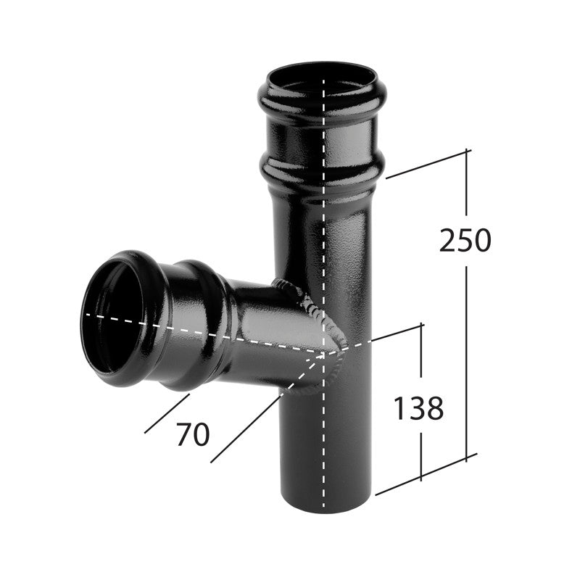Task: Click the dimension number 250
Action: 465,241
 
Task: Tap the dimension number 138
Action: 418,410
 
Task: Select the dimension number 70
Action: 192,434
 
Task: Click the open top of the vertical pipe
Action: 322,77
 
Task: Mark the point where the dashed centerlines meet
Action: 323,353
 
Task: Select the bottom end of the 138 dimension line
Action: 420,478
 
